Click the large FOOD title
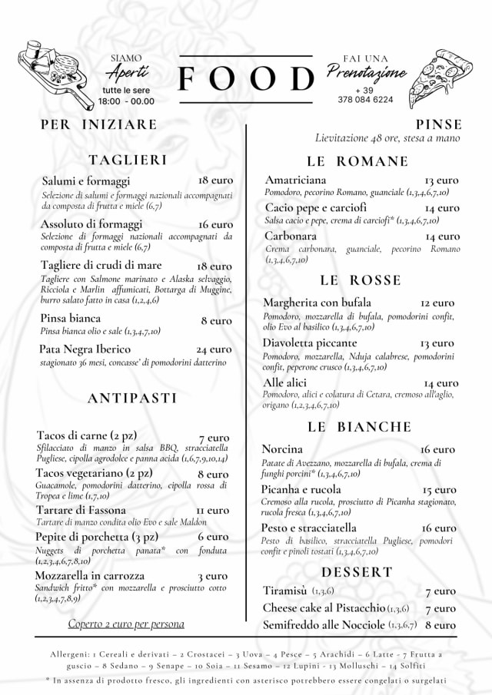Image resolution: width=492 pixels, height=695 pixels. [x=247, y=78]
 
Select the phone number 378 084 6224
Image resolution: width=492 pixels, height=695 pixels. [x=364, y=100]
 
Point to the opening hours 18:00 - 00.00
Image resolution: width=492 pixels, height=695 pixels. [x=126, y=101]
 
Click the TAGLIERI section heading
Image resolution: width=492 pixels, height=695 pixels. [x=128, y=160]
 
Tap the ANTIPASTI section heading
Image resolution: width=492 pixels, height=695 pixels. [x=132, y=398]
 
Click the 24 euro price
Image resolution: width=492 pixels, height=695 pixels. [x=214, y=349]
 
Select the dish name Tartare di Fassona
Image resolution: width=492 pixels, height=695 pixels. [x=81, y=510]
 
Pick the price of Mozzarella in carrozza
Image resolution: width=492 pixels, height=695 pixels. [x=211, y=575]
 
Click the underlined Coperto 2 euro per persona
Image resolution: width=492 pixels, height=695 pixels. [x=126, y=624]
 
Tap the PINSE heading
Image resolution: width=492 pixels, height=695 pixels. [x=439, y=124]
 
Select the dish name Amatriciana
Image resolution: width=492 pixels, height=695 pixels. [x=294, y=179]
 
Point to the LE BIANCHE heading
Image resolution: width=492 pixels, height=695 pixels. [x=359, y=426]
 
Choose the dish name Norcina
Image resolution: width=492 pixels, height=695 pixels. [x=282, y=448]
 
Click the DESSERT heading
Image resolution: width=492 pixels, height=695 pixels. [x=357, y=572]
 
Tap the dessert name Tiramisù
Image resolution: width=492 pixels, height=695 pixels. [x=285, y=591]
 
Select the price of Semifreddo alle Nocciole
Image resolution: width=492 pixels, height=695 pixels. [x=440, y=625]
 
